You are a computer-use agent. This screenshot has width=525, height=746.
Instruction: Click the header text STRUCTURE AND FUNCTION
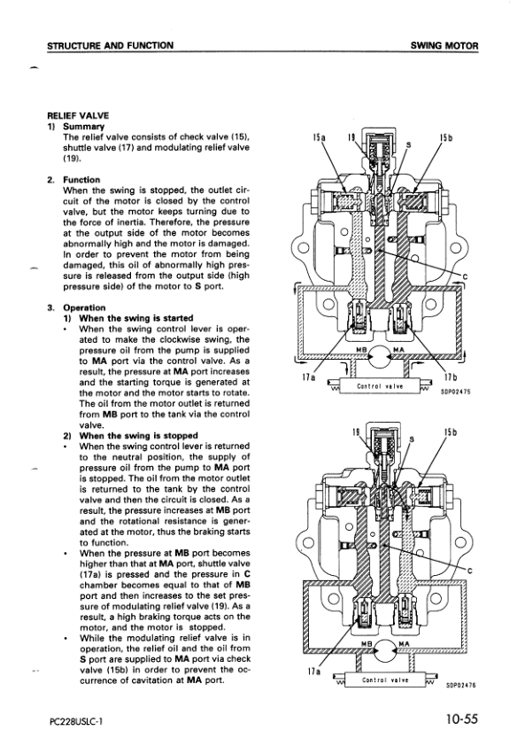click(x=111, y=46)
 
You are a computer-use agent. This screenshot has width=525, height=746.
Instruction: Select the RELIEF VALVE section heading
click(x=78, y=115)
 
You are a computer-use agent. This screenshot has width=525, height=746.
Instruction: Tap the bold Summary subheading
click(x=84, y=127)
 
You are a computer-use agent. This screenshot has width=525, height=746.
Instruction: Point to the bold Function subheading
click(x=81, y=180)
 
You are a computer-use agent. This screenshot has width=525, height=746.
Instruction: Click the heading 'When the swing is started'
click(x=136, y=318)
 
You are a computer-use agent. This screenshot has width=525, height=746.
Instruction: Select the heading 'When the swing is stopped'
click(x=138, y=435)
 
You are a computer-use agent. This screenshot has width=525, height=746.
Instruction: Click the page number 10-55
click(x=461, y=719)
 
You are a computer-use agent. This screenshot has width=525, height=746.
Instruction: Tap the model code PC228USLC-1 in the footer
click(x=76, y=721)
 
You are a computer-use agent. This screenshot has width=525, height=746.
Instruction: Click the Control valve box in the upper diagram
click(x=380, y=385)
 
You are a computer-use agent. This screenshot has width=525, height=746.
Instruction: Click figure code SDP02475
click(x=456, y=392)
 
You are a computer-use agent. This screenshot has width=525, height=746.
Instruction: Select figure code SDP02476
click(x=461, y=686)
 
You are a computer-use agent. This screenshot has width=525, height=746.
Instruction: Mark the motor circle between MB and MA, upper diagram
click(x=380, y=356)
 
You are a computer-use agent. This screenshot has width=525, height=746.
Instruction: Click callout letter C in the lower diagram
click(x=469, y=571)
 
